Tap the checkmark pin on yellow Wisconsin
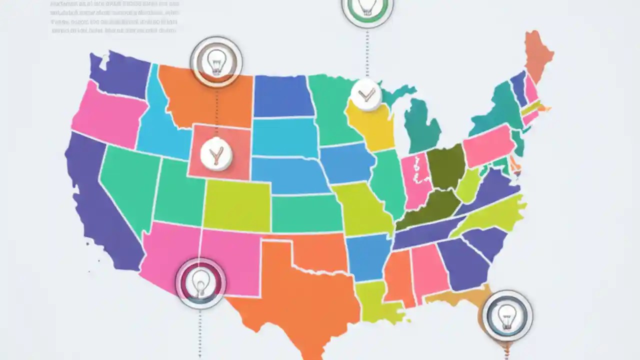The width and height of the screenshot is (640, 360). click(x=366, y=93)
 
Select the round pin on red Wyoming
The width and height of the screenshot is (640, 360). click(x=216, y=154)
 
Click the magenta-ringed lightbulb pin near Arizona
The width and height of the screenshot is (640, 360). click(x=200, y=283)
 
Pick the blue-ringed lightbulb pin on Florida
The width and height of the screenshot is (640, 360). click(x=507, y=315)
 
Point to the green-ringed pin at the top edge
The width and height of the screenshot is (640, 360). click(x=367, y=7)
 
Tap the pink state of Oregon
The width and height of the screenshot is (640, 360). click(x=105, y=115)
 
